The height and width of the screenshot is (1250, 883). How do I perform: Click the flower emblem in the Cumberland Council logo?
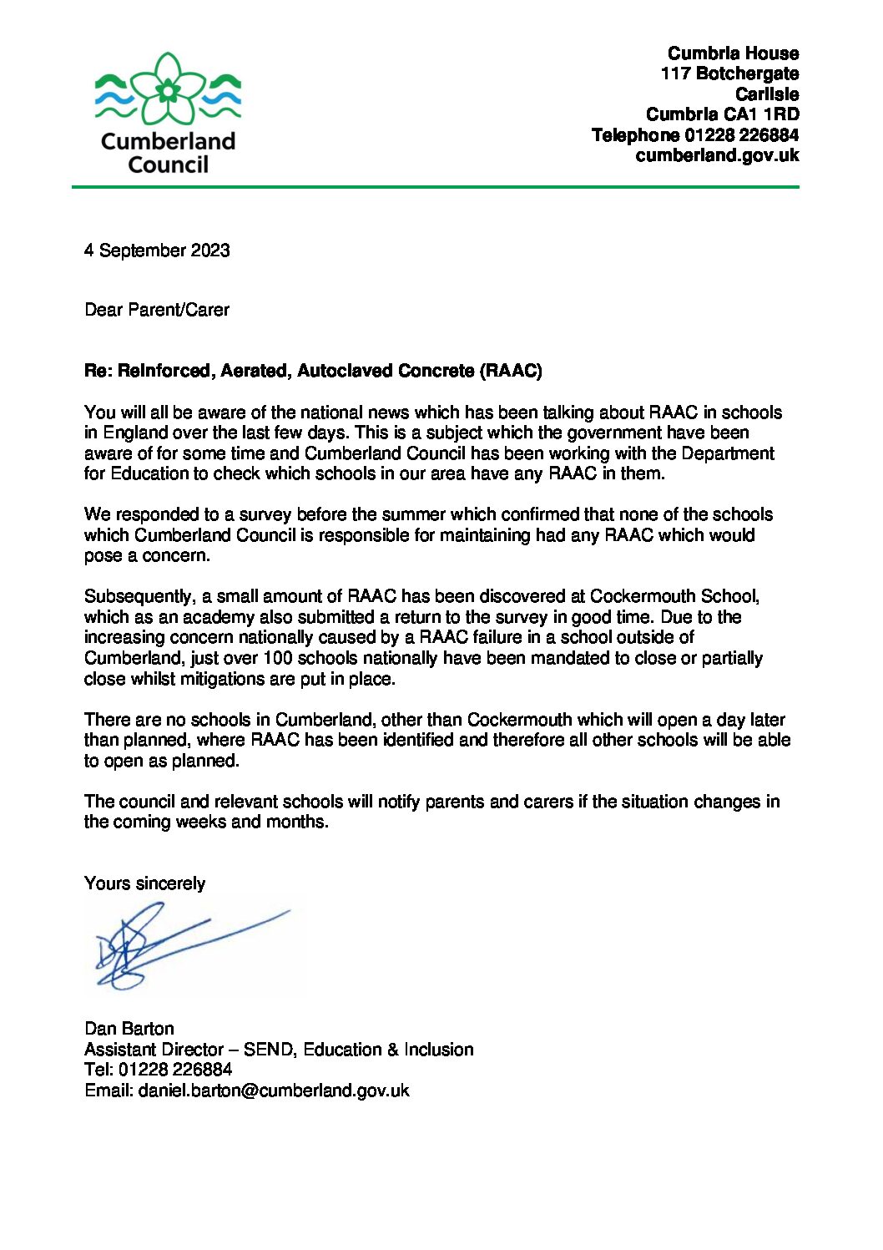coord(169,89)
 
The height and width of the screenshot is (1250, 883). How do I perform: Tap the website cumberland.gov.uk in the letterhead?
coord(717,155)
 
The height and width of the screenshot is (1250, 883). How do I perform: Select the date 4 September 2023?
coord(157,251)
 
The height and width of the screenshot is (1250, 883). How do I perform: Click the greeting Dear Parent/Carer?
coord(157,310)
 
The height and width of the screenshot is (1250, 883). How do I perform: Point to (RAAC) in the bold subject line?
coord(511,371)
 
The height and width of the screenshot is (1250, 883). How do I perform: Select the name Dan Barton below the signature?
coord(129,1029)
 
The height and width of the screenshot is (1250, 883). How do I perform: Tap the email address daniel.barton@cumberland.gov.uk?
coord(274,1091)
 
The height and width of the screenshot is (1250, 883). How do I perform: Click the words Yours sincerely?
coord(144,883)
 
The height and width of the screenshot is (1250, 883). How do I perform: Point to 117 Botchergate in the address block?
coord(729,73)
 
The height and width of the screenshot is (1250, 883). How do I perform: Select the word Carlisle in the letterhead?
coord(766,94)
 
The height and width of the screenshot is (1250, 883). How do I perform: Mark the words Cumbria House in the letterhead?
coord(733,53)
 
